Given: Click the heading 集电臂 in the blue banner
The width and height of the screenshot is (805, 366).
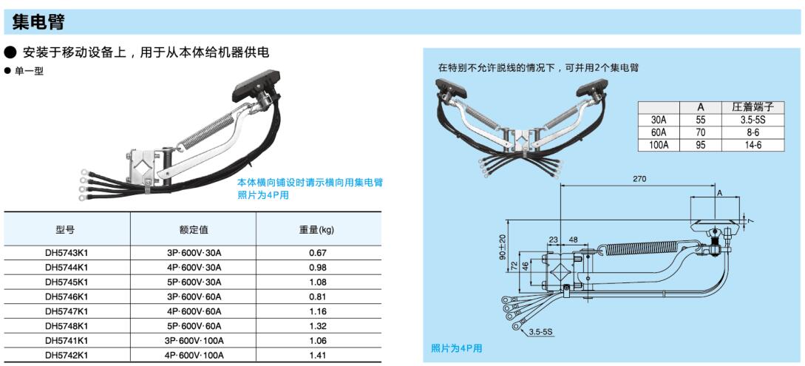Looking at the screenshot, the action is click(38, 23).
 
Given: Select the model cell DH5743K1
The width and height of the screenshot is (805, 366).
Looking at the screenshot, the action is click(67, 253).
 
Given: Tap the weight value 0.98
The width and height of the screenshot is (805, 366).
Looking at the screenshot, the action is click(319, 268).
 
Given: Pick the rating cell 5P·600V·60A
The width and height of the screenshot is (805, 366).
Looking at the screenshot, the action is click(193, 326).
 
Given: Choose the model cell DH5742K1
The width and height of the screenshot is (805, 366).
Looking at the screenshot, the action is click(67, 355).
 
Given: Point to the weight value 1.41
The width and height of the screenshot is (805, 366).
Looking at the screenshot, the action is click(319, 355).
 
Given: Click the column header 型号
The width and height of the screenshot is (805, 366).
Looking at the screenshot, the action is click(65, 230).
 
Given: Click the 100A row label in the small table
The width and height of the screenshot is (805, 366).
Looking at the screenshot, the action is click(659, 145).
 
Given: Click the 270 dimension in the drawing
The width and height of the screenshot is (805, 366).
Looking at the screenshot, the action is click(639, 179).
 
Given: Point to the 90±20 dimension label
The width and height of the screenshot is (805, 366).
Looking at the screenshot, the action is click(502, 247).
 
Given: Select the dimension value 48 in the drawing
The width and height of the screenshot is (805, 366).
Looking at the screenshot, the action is click(574, 240).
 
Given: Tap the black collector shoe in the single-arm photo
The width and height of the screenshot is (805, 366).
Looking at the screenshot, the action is click(256, 85).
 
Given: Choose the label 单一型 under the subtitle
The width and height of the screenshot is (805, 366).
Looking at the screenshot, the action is click(31, 72).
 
